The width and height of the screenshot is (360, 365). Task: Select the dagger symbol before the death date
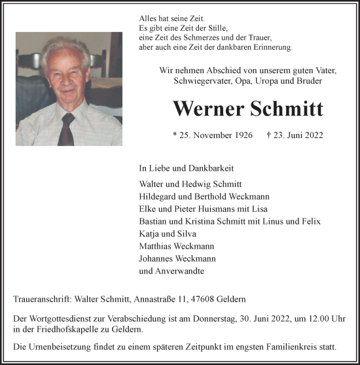click(x=270, y=135)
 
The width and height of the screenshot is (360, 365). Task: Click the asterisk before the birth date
click(x=175, y=135)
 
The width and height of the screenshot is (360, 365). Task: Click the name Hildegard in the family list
click(x=158, y=196)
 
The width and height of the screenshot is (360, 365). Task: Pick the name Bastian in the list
click(x=154, y=221)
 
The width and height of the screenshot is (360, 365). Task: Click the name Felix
click(x=310, y=221)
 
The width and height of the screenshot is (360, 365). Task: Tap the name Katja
click(x=150, y=234)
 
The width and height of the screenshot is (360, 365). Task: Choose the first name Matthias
click(x=157, y=246)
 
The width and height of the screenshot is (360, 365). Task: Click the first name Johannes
click(x=157, y=258)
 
